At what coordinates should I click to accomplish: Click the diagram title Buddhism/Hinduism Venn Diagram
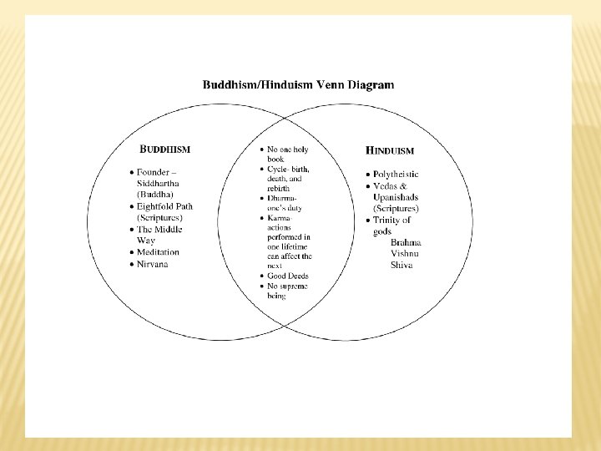(x=299, y=84)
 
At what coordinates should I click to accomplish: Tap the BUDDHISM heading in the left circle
(x=165, y=149)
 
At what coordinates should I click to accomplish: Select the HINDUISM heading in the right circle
(x=390, y=151)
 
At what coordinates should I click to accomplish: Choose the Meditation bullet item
(x=159, y=252)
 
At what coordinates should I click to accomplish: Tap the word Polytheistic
(x=396, y=174)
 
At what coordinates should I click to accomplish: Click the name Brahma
(x=407, y=242)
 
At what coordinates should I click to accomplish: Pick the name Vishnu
(x=406, y=254)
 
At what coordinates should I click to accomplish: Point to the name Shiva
(x=402, y=266)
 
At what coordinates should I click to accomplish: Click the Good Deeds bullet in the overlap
(x=287, y=276)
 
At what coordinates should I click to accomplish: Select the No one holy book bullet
(x=287, y=154)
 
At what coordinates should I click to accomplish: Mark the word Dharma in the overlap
(x=281, y=198)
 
